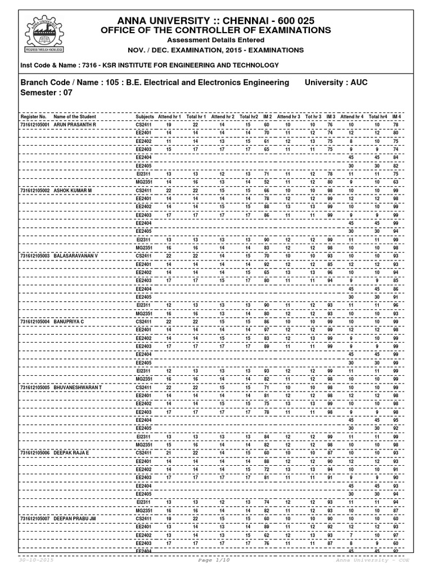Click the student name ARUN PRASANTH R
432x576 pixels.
click(x=75, y=124)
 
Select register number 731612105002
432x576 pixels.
click(x=35, y=191)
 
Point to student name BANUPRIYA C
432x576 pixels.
click(x=69, y=321)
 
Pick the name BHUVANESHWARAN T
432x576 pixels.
click(x=78, y=388)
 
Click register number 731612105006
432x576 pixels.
click(x=35, y=452)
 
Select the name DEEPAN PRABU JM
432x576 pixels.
click(x=76, y=518)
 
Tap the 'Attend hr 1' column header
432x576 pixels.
click(x=170, y=116)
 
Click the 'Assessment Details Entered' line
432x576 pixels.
click(x=216, y=40)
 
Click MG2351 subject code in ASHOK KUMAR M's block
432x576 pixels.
click(x=145, y=247)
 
